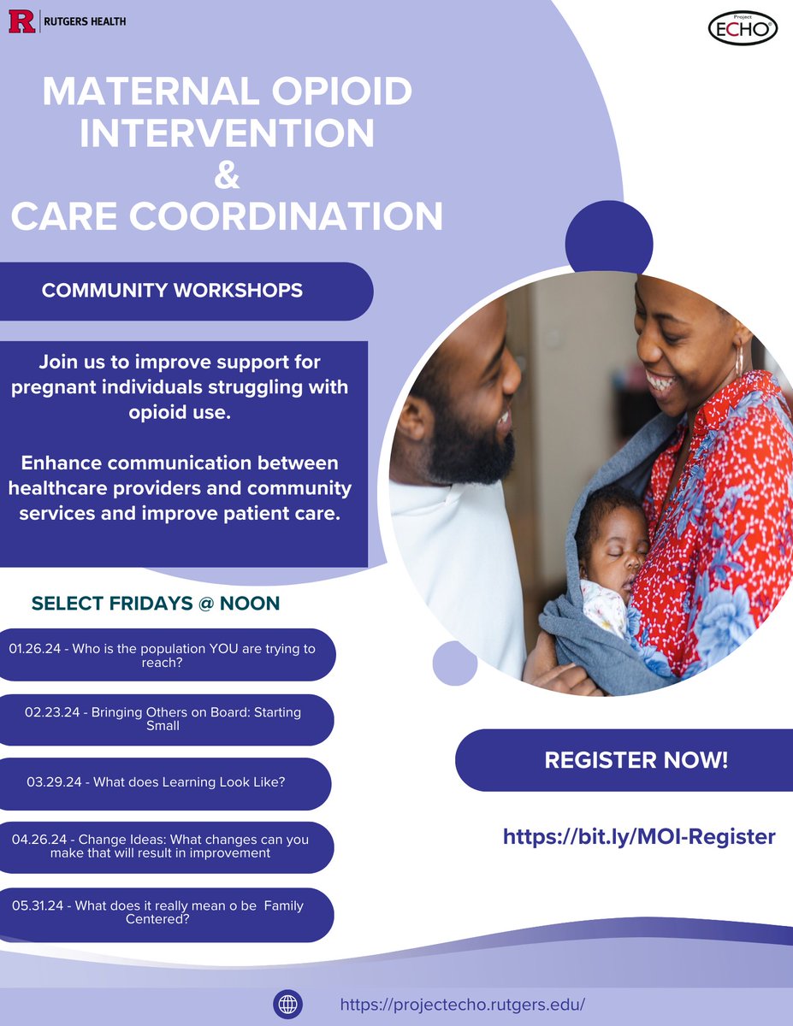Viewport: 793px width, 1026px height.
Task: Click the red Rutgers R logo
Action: (21, 21)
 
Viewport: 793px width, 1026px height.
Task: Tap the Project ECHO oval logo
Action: (743, 29)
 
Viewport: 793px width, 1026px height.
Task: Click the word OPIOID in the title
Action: (342, 91)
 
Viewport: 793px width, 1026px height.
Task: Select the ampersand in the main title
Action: (227, 174)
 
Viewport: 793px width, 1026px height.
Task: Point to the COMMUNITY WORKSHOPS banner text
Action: (173, 291)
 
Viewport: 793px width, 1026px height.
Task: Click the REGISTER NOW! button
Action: (624, 760)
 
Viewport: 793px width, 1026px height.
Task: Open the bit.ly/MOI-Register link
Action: (639, 836)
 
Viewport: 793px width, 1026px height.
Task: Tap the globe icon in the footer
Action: (287, 1005)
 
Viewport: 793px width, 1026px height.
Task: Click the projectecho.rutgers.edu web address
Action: (463, 1005)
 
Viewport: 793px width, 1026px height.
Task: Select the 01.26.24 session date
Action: (35, 649)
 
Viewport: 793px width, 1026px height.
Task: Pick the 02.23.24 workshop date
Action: (52, 712)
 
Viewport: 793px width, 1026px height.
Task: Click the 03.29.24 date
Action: (54, 782)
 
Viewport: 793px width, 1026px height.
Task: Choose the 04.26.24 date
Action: (39, 840)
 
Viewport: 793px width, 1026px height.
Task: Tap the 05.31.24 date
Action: (38, 905)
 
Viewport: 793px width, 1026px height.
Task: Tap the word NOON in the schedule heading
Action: (250, 604)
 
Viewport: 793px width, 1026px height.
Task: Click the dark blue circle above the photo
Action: (609, 244)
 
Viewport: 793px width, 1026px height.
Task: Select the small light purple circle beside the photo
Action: (455, 663)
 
